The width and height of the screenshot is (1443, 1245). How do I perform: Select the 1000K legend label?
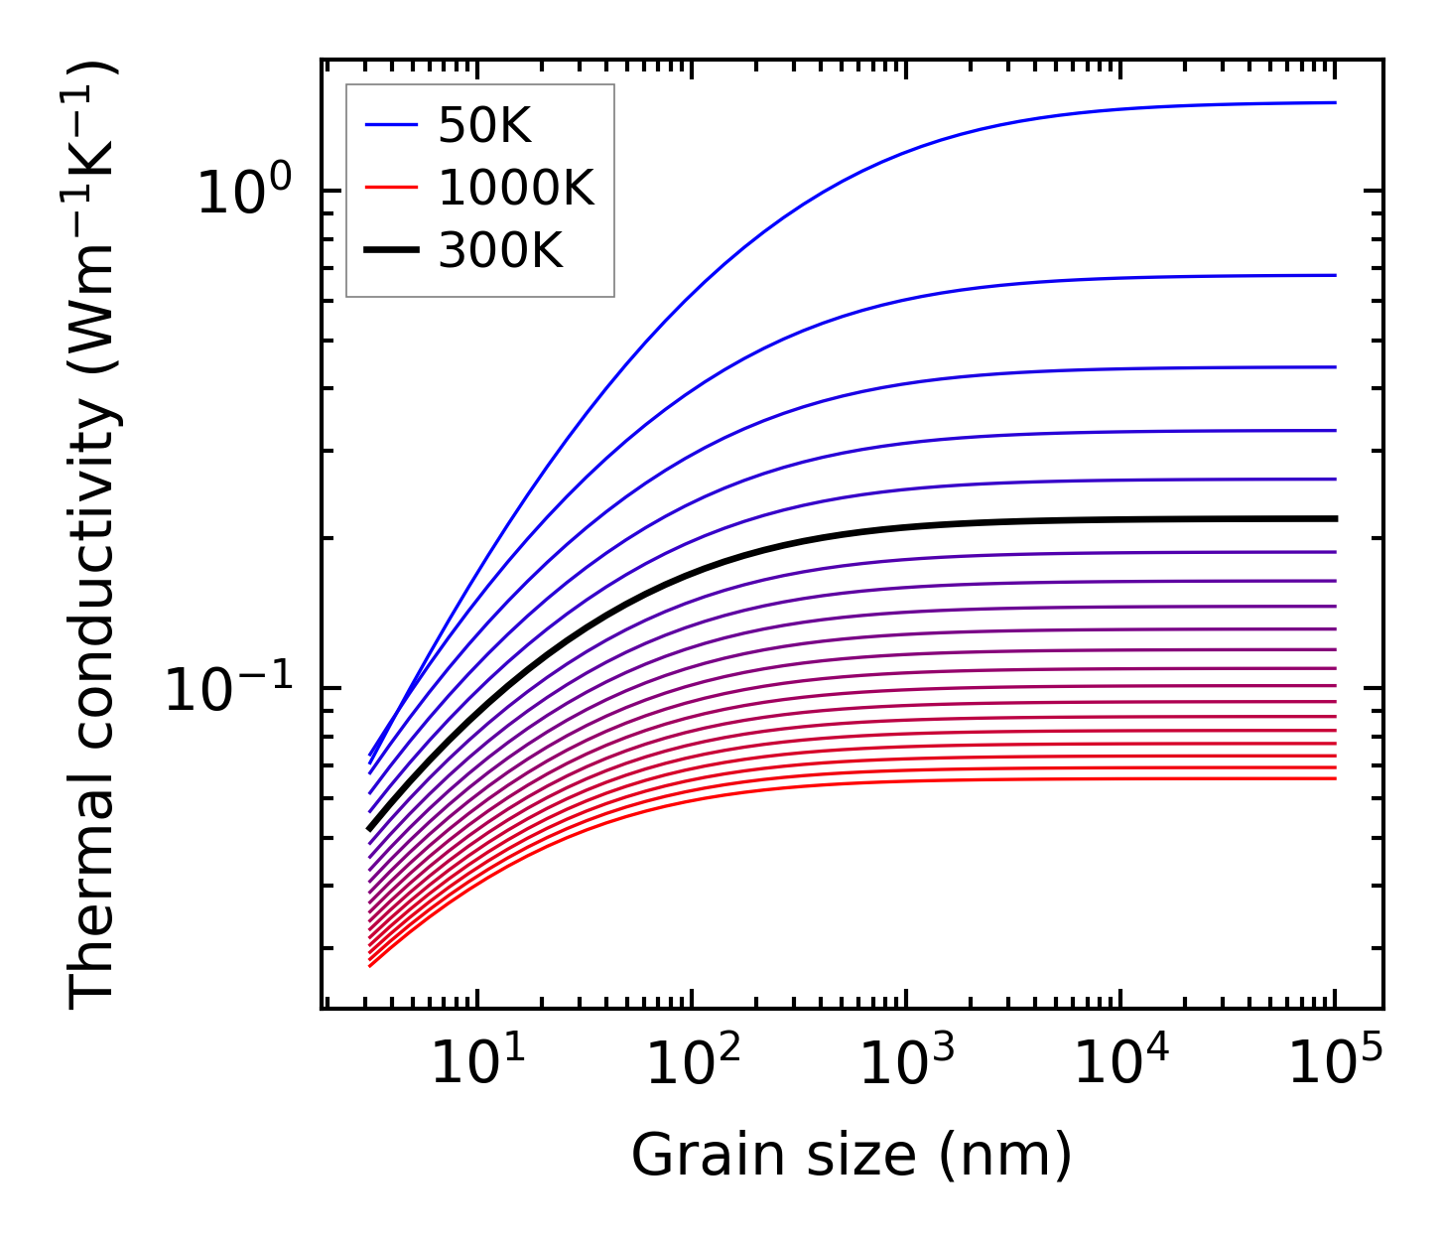coord(516,188)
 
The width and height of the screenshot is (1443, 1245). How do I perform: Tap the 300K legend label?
coord(500,251)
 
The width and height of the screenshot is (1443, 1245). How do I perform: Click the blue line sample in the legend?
coord(391,125)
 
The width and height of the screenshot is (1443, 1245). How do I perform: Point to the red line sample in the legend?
coord(391,188)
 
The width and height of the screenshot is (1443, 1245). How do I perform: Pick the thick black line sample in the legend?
coord(391,251)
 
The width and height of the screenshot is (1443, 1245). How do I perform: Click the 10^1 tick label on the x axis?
coord(478,1065)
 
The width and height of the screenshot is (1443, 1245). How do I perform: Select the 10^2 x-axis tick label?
coord(693,1065)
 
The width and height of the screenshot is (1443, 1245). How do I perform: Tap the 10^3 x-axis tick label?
coord(907,1065)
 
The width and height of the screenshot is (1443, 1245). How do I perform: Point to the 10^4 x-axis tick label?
coord(1121,1065)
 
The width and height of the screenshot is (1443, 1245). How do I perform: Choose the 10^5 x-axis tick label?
coord(1336,1065)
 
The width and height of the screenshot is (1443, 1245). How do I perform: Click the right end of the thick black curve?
coord(1335,518)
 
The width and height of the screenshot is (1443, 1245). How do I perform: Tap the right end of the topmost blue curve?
coord(1335,102)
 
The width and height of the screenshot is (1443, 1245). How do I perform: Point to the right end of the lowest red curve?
coord(1335,777)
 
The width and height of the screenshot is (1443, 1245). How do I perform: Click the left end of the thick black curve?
coord(369,828)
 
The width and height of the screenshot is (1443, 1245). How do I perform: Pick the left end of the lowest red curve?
coord(369,965)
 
